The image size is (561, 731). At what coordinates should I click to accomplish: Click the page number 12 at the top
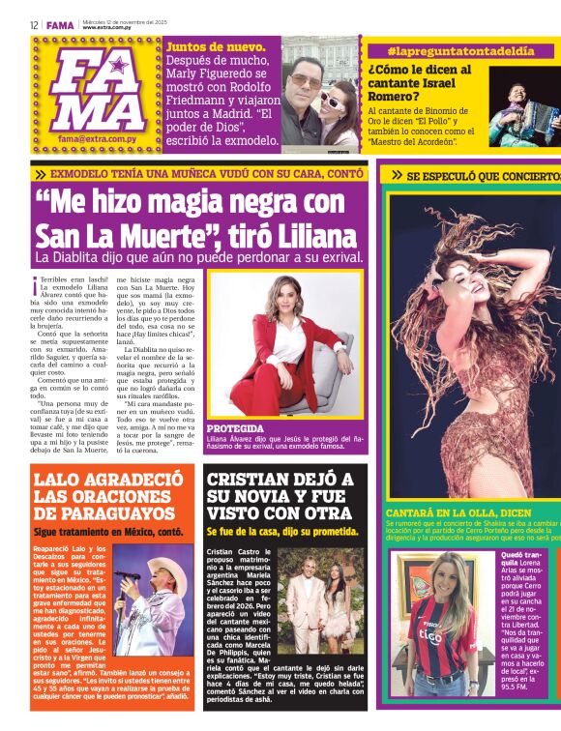[x=34, y=25]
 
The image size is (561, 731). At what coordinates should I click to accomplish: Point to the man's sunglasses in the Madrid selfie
[x=302, y=83]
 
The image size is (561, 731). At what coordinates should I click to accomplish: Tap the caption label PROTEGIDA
[x=235, y=427]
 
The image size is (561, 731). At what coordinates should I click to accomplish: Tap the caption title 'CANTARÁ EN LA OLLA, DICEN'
[x=457, y=512]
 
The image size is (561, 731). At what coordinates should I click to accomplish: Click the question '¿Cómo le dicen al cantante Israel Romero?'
[x=420, y=82]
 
